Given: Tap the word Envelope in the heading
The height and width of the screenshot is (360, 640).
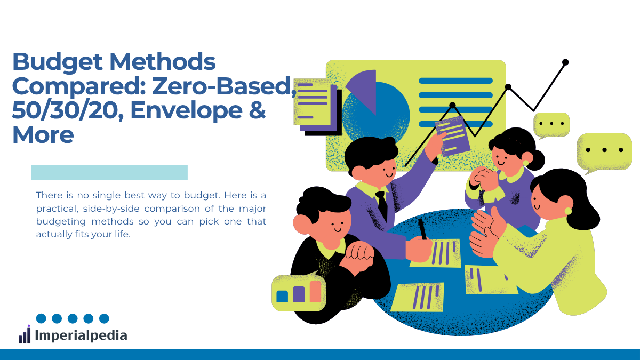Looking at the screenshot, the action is point(186,110).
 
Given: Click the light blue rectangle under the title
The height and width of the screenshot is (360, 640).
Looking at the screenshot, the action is point(109,173).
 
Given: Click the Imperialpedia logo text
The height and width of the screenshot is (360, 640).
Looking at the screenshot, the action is point(81,335).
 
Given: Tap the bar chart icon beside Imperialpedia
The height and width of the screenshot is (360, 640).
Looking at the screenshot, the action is point(25,334).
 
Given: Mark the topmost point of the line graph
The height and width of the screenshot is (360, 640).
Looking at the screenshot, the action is point(565,62).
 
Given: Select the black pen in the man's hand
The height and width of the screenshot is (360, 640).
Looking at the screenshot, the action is point(422,229).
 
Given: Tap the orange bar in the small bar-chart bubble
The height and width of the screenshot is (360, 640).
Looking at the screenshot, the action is point(315,291).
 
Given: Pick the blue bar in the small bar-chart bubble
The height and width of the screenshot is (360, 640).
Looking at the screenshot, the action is point(282,296).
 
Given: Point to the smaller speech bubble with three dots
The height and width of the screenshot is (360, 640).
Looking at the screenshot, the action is point(551,125).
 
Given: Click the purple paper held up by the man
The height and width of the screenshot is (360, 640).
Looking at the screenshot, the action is point(453,136).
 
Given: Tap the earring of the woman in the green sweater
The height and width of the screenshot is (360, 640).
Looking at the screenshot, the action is point(568,211).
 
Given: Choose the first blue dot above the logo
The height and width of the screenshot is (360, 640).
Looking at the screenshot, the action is point(41,318).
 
